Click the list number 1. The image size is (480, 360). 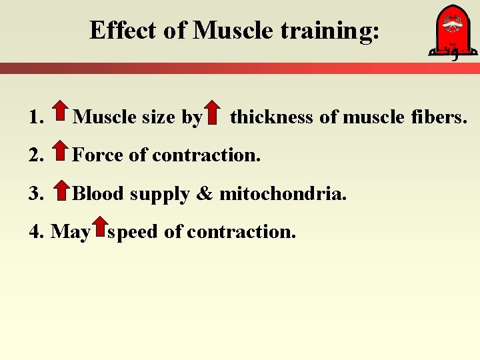coord(36,118)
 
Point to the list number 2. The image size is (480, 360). coord(36,156)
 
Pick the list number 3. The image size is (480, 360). coord(36,194)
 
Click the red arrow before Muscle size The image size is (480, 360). coord(59,113)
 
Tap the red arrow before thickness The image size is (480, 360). coord(212,113)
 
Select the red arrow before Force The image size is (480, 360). coord(59,152)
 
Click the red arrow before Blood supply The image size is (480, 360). coord(59,190)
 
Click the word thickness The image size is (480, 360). coord(271,117)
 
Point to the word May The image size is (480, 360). coord(70,233)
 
